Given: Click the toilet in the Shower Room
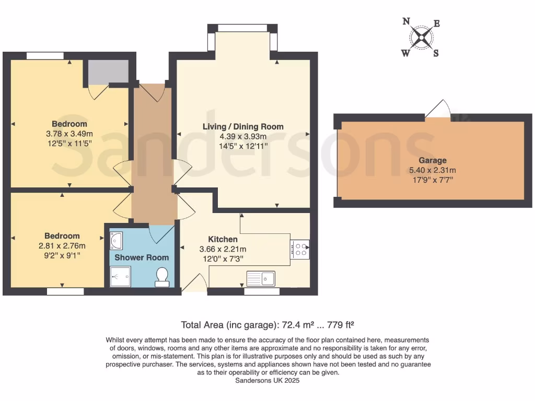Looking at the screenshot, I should [162, 277].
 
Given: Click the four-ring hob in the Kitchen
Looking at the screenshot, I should [300, 249].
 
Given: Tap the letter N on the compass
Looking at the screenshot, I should [406, 21].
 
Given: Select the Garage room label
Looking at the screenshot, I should [432, 161].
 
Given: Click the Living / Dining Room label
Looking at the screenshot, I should [243, 126].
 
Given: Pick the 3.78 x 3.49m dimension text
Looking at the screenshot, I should [69, 134].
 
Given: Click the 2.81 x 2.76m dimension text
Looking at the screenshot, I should [62, 246].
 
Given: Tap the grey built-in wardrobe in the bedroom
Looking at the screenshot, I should [108, 72].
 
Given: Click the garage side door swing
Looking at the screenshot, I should [438, 110].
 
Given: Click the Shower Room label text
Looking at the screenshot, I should [142, 257].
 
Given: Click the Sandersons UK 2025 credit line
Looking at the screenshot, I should [267, 381].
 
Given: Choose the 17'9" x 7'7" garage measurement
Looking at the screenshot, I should [432, 180].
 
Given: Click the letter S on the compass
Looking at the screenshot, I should [436, 53].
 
